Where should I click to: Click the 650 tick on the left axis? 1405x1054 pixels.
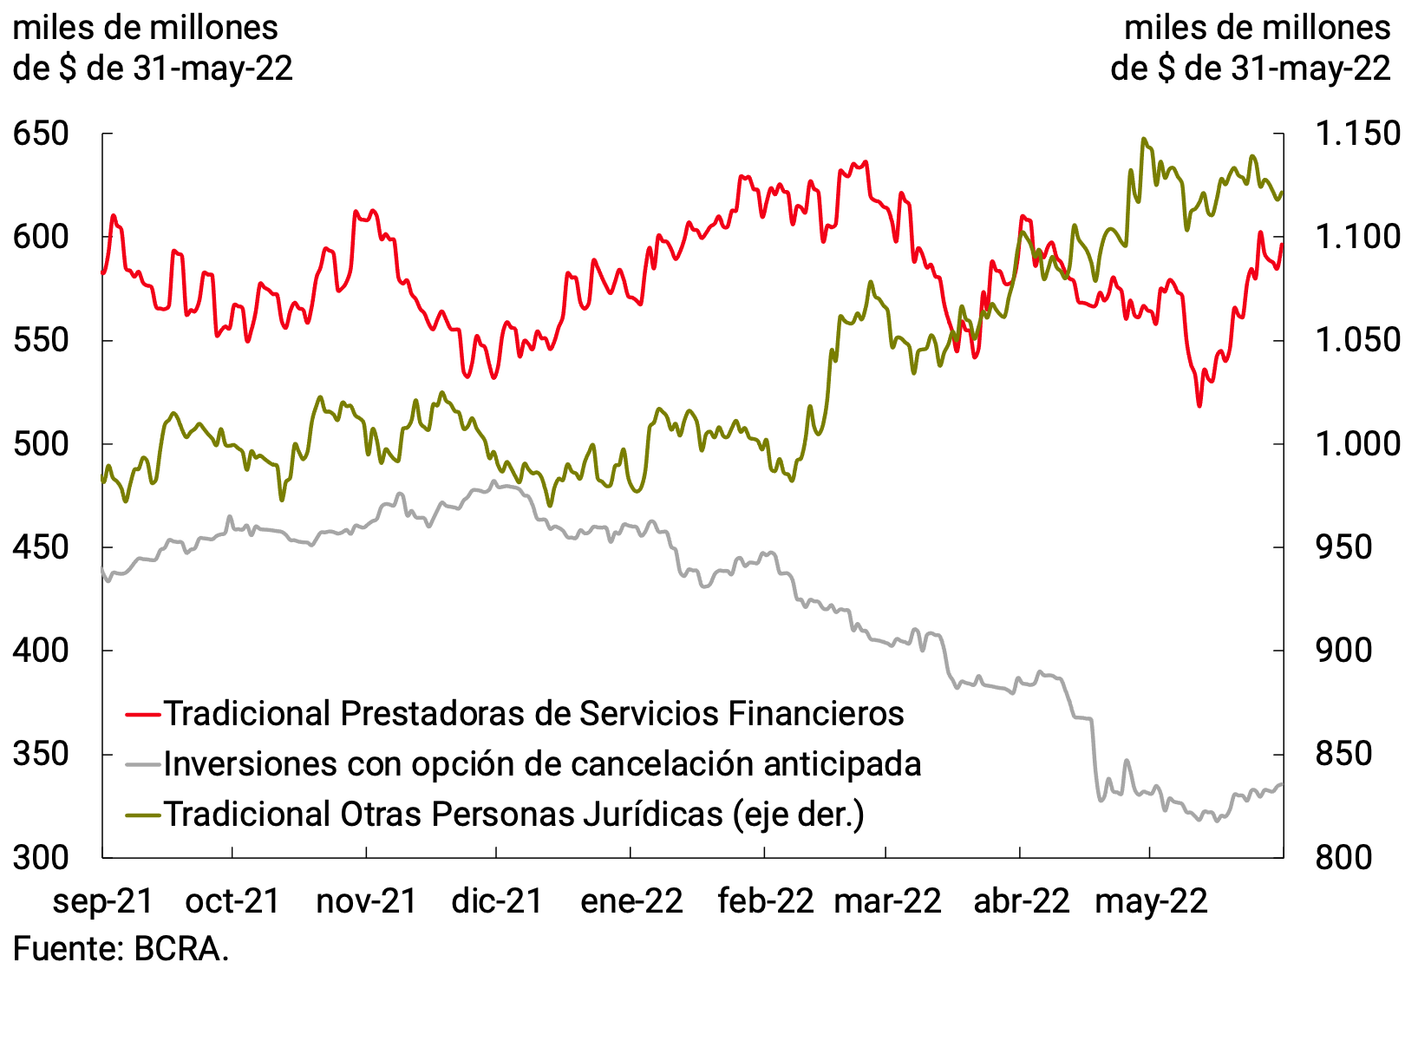pyautogui.click(x=40, y=134)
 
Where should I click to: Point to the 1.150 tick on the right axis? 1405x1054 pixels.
pyautogui.click(x=1357, y=134)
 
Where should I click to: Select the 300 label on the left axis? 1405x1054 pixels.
pyautogui.click(x=40, y=857)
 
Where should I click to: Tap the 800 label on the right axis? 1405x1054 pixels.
pyautogui.click(x=1343, y=857)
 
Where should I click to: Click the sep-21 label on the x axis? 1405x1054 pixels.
pyautogui.click(x=102, y=900)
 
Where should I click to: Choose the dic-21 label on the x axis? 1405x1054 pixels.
pyautogui.click(x=496, y=900)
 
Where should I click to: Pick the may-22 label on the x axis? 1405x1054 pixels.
pyautogui.click(x=1150, y=900)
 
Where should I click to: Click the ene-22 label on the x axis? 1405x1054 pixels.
pyautogui.click(x=631, y=900)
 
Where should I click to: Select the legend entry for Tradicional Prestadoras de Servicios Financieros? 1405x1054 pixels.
pyautogui.click(x=533, y=713)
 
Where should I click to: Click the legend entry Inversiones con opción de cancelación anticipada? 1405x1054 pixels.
pyautogui.click(x=542, y=763)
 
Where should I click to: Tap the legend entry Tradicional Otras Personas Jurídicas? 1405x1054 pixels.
pyautogui.click(x=513, y=814)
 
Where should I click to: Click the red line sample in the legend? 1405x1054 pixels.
pyautogui.click(x=143, y=714)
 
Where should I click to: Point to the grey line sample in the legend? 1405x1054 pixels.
pyautogui.click(x=143, y=764)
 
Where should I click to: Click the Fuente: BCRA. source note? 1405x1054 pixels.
pyautogui.click(x=121, y=948)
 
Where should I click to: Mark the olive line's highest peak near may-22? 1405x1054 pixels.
pyautogui.click(x=1144, y=139)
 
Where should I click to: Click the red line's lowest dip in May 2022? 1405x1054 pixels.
pyautogui.click(x=1199, y=405)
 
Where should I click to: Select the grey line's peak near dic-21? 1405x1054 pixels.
pyautogui.click(x=493, y=481)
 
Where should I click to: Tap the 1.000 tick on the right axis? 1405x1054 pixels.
pyautogui.click(x=1357, y=444)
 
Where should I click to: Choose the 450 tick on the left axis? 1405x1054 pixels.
pyautogui.click(x=40, y=547)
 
